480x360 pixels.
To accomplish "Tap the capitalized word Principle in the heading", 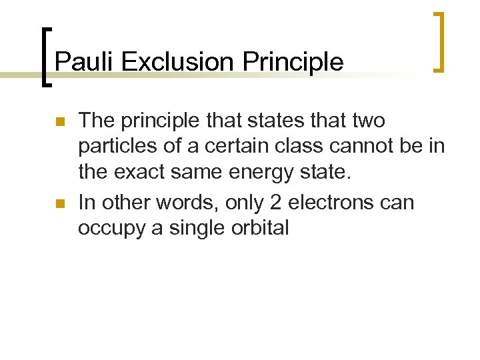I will point(293,62).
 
